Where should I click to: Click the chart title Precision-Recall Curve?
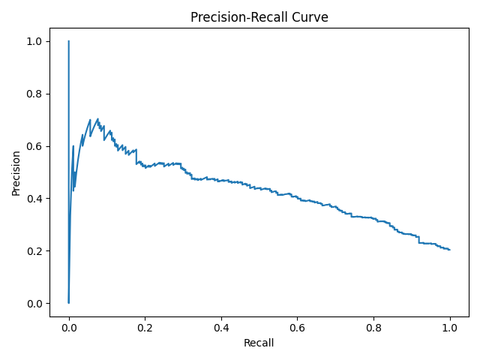coord(259,17)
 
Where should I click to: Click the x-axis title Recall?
coord(259,343)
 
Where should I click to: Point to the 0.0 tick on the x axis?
coord(69,327)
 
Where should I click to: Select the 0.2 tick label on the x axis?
coord(145,327)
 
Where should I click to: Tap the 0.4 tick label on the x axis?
coord(221,327)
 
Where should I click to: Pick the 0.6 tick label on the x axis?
coord(297,327)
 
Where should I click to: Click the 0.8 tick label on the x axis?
coord(373,327)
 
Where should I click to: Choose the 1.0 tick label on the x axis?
coord(449,327)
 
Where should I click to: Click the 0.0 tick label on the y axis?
coord(34,304)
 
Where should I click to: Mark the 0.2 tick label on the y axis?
coord(34,251)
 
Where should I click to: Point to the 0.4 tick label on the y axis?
coord(34,199)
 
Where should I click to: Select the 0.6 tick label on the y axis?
coord(34,146)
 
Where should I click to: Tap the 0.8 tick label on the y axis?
coord(34,94)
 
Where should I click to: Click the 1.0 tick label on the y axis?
coord(34,41)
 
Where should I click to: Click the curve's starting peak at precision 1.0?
coord(69,41)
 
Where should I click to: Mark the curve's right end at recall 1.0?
coord(449,250)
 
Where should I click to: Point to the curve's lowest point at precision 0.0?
coord(69,302)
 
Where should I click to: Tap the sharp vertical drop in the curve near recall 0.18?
coord(136,157)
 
